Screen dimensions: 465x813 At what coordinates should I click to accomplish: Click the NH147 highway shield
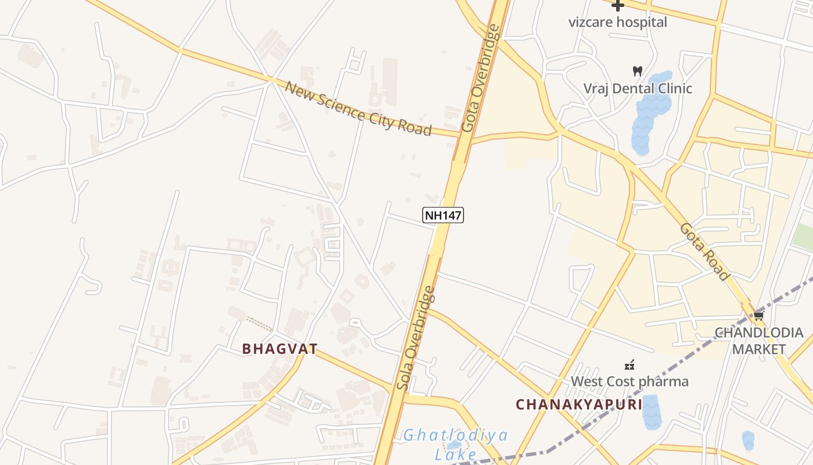(x=443, y=215)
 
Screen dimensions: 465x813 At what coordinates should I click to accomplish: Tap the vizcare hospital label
(x=617, y=22)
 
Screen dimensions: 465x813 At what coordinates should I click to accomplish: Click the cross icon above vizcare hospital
(x=617, y=6)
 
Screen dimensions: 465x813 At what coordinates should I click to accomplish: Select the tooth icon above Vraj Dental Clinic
(x=637, y=71)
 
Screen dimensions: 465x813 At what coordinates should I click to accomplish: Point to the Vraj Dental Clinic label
(x=638, y=88)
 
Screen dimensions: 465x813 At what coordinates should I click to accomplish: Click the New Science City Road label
(x=359, y=108)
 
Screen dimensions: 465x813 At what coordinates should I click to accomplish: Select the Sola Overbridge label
(x=415, y=338)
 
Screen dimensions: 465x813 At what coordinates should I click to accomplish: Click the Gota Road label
(x=703, y=252)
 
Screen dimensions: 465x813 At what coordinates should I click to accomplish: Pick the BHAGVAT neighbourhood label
(x=279, y=349)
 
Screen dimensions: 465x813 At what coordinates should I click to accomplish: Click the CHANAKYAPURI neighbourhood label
(x=579, y=404)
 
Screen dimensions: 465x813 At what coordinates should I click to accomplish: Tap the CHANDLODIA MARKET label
(x=758, y=341)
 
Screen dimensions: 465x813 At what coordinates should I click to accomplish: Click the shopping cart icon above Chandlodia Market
(x=758, y=316)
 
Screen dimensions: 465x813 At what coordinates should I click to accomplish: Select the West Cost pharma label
(x=629, y=381)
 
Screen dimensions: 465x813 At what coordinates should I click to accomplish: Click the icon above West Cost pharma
(x=629, y=365)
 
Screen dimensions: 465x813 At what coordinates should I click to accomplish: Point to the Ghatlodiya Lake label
(x=456, y=444)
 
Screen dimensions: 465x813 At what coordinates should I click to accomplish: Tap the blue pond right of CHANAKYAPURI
(x=650, y=412)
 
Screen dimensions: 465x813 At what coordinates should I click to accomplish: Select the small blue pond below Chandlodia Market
(x=748, y=441)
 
